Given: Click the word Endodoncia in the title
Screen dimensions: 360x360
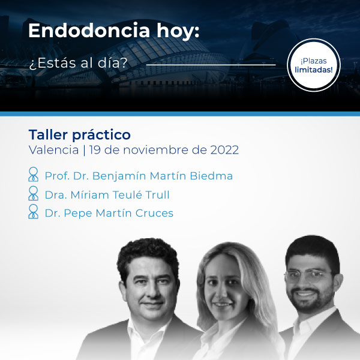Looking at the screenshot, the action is point(89,31).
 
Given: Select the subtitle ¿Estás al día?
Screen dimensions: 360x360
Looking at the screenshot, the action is point(78,63).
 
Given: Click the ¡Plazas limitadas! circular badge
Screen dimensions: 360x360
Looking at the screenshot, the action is point(314,65).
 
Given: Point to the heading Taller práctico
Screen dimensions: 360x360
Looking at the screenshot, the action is point(80,135).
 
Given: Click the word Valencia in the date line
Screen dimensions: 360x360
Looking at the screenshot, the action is point(54,150).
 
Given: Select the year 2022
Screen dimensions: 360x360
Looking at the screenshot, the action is point(224,150).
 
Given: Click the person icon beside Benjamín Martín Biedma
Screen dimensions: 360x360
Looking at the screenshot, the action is point(33,174).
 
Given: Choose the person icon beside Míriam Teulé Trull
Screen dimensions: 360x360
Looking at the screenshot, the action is point(33,193).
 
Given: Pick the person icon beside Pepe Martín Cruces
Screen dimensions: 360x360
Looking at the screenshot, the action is point(33,211).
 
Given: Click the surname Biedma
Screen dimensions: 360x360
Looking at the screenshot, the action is point(211,176).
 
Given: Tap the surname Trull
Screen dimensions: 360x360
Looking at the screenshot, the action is point(157,195).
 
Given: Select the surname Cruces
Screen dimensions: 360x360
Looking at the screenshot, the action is point(154,213).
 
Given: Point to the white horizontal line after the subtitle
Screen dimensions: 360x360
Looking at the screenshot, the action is point(211,65).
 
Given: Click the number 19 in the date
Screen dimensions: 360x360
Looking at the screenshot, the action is point(95,150).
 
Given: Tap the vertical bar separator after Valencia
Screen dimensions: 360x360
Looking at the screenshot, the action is point(84,151).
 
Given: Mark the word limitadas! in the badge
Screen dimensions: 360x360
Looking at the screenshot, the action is point(314,70).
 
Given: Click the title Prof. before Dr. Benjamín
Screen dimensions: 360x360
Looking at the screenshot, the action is point(57,176).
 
